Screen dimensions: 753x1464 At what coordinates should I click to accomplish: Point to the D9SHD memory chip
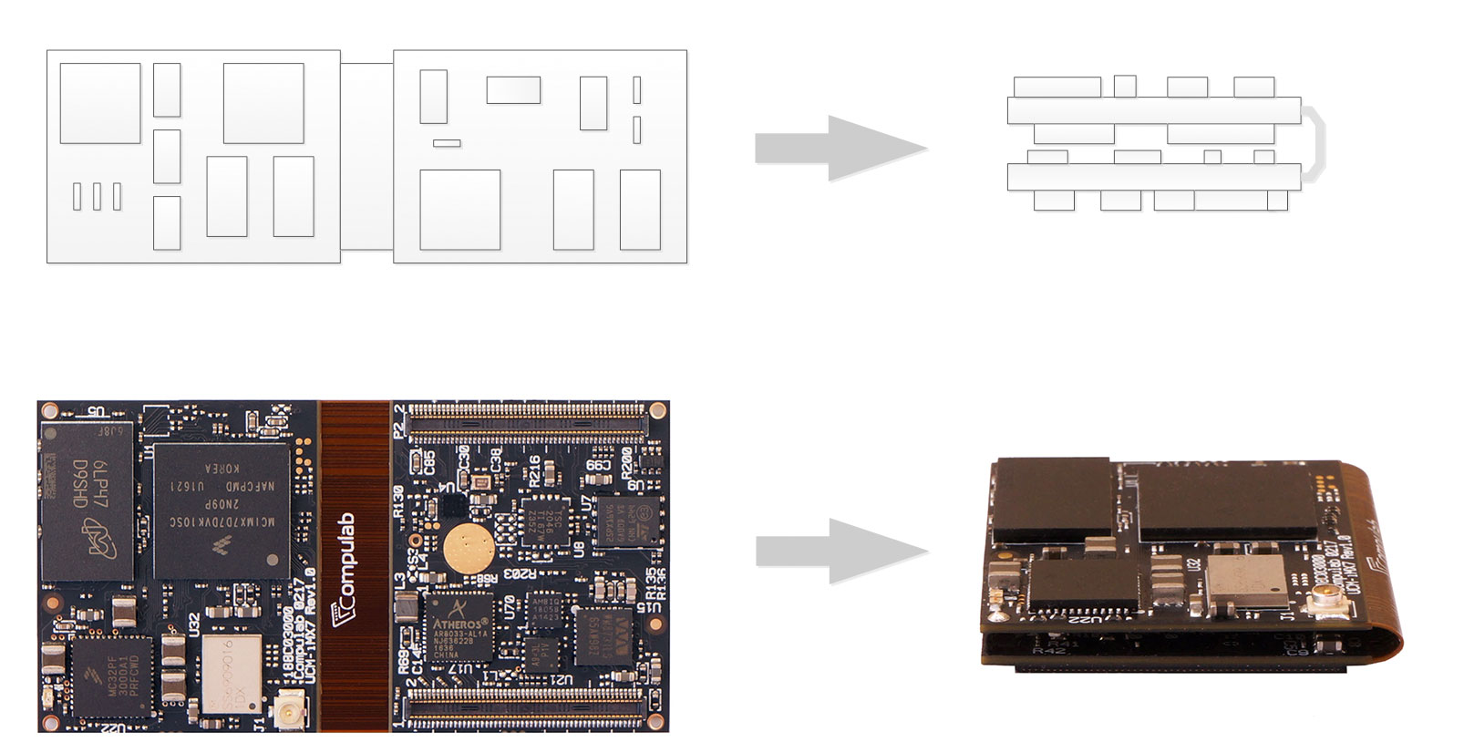coord(88,502)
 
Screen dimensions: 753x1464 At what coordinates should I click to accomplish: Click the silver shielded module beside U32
coord(231,676)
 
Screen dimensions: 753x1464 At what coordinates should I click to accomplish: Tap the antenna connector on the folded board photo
coord(1319,602)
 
